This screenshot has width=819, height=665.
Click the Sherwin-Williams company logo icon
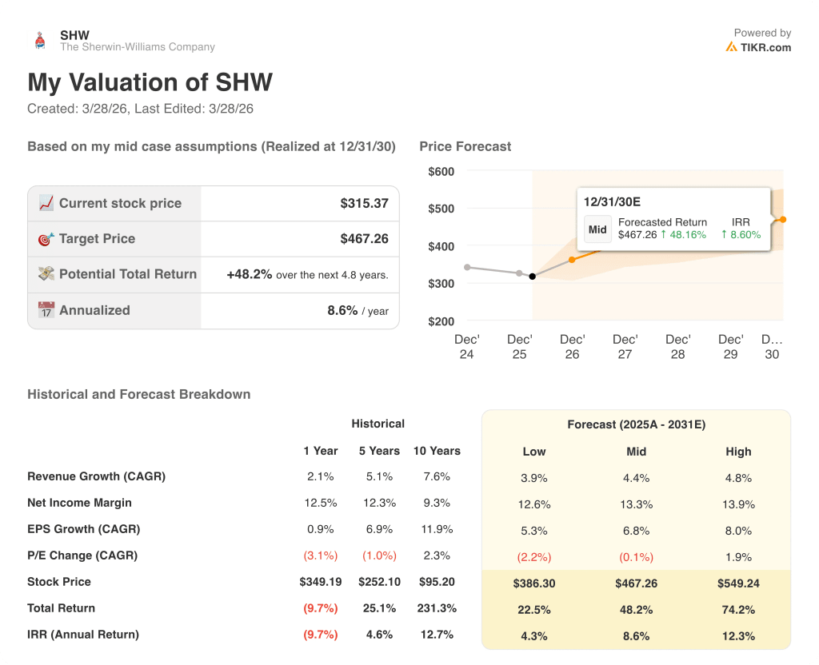pos(39,41)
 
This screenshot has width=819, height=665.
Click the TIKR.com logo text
pos(765,47)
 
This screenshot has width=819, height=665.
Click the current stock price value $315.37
pos(364,203)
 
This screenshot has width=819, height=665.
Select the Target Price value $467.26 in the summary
pos(364,239)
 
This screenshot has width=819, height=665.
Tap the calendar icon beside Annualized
pos(46,310)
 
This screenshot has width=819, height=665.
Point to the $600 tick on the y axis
pos(441,171)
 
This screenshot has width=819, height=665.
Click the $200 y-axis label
pos(441,321)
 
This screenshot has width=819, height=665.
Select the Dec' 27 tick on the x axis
pos(625,347)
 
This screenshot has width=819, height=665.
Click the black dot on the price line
pos(533,277)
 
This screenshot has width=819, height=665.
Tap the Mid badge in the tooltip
pos(597,229)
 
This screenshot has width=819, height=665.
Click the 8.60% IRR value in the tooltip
pos(741,235)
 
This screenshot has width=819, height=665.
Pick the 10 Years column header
pos(437,451)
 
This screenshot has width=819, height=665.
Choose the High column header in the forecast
pos(738,452)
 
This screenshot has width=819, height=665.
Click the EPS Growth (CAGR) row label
pos(83,529)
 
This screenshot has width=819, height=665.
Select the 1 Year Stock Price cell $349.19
pos(320,582)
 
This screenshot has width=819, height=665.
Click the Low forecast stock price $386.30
pos(533,584)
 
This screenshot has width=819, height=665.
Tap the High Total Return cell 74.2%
pos(738,611)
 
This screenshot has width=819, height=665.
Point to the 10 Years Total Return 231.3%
pos(437,608)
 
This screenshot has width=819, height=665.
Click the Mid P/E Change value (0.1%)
pos(636,558)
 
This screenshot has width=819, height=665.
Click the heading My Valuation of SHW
pos(150,82)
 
